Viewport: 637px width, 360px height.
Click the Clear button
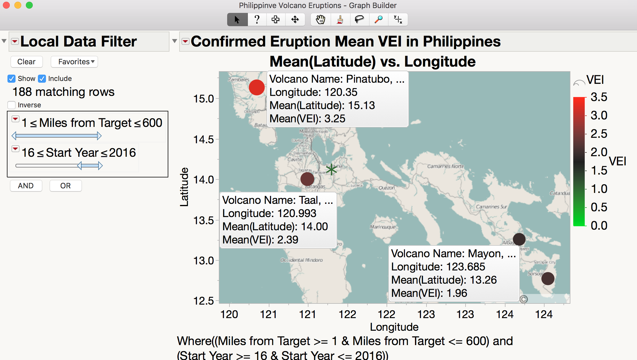pos(26,62)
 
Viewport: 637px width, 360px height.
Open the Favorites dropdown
pos(74,62)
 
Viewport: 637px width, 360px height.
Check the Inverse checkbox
pos(12,105)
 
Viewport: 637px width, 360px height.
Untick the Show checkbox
pos(11,79)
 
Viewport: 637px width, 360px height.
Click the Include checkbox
pos(42,79)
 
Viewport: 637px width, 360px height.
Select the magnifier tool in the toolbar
pos(379,20)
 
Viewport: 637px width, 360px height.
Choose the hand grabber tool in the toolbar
pos(321,20)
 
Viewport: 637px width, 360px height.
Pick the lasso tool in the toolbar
pos(359,20)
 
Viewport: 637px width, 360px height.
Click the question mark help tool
pos(257,20)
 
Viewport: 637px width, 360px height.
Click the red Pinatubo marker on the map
pos(256,87)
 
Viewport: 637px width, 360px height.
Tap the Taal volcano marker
pos(307,179)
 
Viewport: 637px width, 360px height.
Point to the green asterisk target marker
pos(331,169)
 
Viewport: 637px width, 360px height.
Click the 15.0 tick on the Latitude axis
pos(204,99)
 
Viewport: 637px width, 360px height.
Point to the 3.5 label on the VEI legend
pos(599,97)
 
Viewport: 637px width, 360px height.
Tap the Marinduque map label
pos(383,227)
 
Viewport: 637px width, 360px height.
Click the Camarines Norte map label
pos(445,166)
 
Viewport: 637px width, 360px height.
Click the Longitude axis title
pos(394,327)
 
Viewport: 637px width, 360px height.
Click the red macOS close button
pos(6,5)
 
